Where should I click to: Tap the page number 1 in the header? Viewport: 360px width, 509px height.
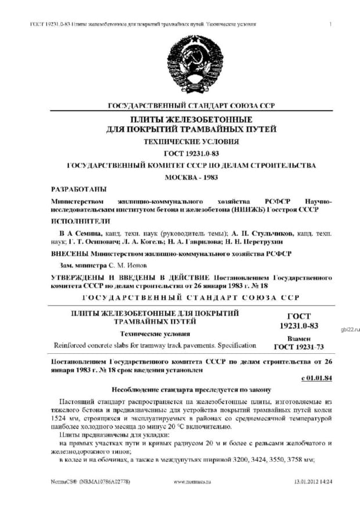click(x=330, y=24)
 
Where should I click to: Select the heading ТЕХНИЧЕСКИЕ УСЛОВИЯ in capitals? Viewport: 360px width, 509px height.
click(x=191, y=141)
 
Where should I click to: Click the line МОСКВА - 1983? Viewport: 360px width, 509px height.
click(x=191, y=177)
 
